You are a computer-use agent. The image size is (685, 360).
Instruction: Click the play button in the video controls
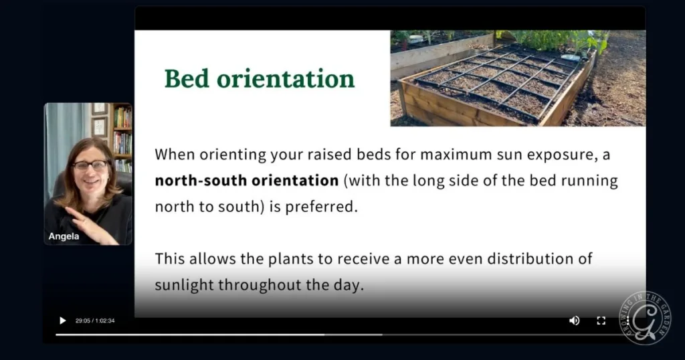point(62,321)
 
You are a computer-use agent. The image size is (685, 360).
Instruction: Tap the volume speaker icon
point(574,321)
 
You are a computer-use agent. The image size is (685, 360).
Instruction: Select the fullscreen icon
point(601,321)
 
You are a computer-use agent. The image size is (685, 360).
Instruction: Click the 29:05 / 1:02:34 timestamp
point(95,321)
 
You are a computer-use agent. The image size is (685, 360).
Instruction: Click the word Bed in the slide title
point(187,78)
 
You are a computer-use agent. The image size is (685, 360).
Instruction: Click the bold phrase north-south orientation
point(247,181)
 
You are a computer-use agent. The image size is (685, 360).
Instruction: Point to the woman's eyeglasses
point(90,165)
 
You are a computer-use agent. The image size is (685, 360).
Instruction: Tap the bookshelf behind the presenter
point(122,137)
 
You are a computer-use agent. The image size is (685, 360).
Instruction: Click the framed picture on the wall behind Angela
point(99,126)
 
